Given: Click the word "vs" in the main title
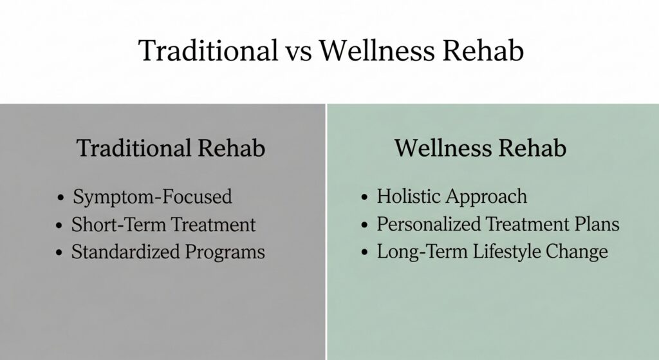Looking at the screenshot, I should (x=300, y=51).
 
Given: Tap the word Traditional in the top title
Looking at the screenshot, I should (x=207, y=51).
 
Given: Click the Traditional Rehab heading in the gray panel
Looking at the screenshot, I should (x=171, y=148).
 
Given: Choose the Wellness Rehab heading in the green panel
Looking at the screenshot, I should (x=481, y=148).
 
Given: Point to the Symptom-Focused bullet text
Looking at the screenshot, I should (x=153, y=196).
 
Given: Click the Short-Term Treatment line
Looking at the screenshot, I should (x=163, y=225).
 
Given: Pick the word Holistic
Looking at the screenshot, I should (x=409, y=196).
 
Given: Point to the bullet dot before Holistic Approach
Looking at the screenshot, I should (x=365, y=197).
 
